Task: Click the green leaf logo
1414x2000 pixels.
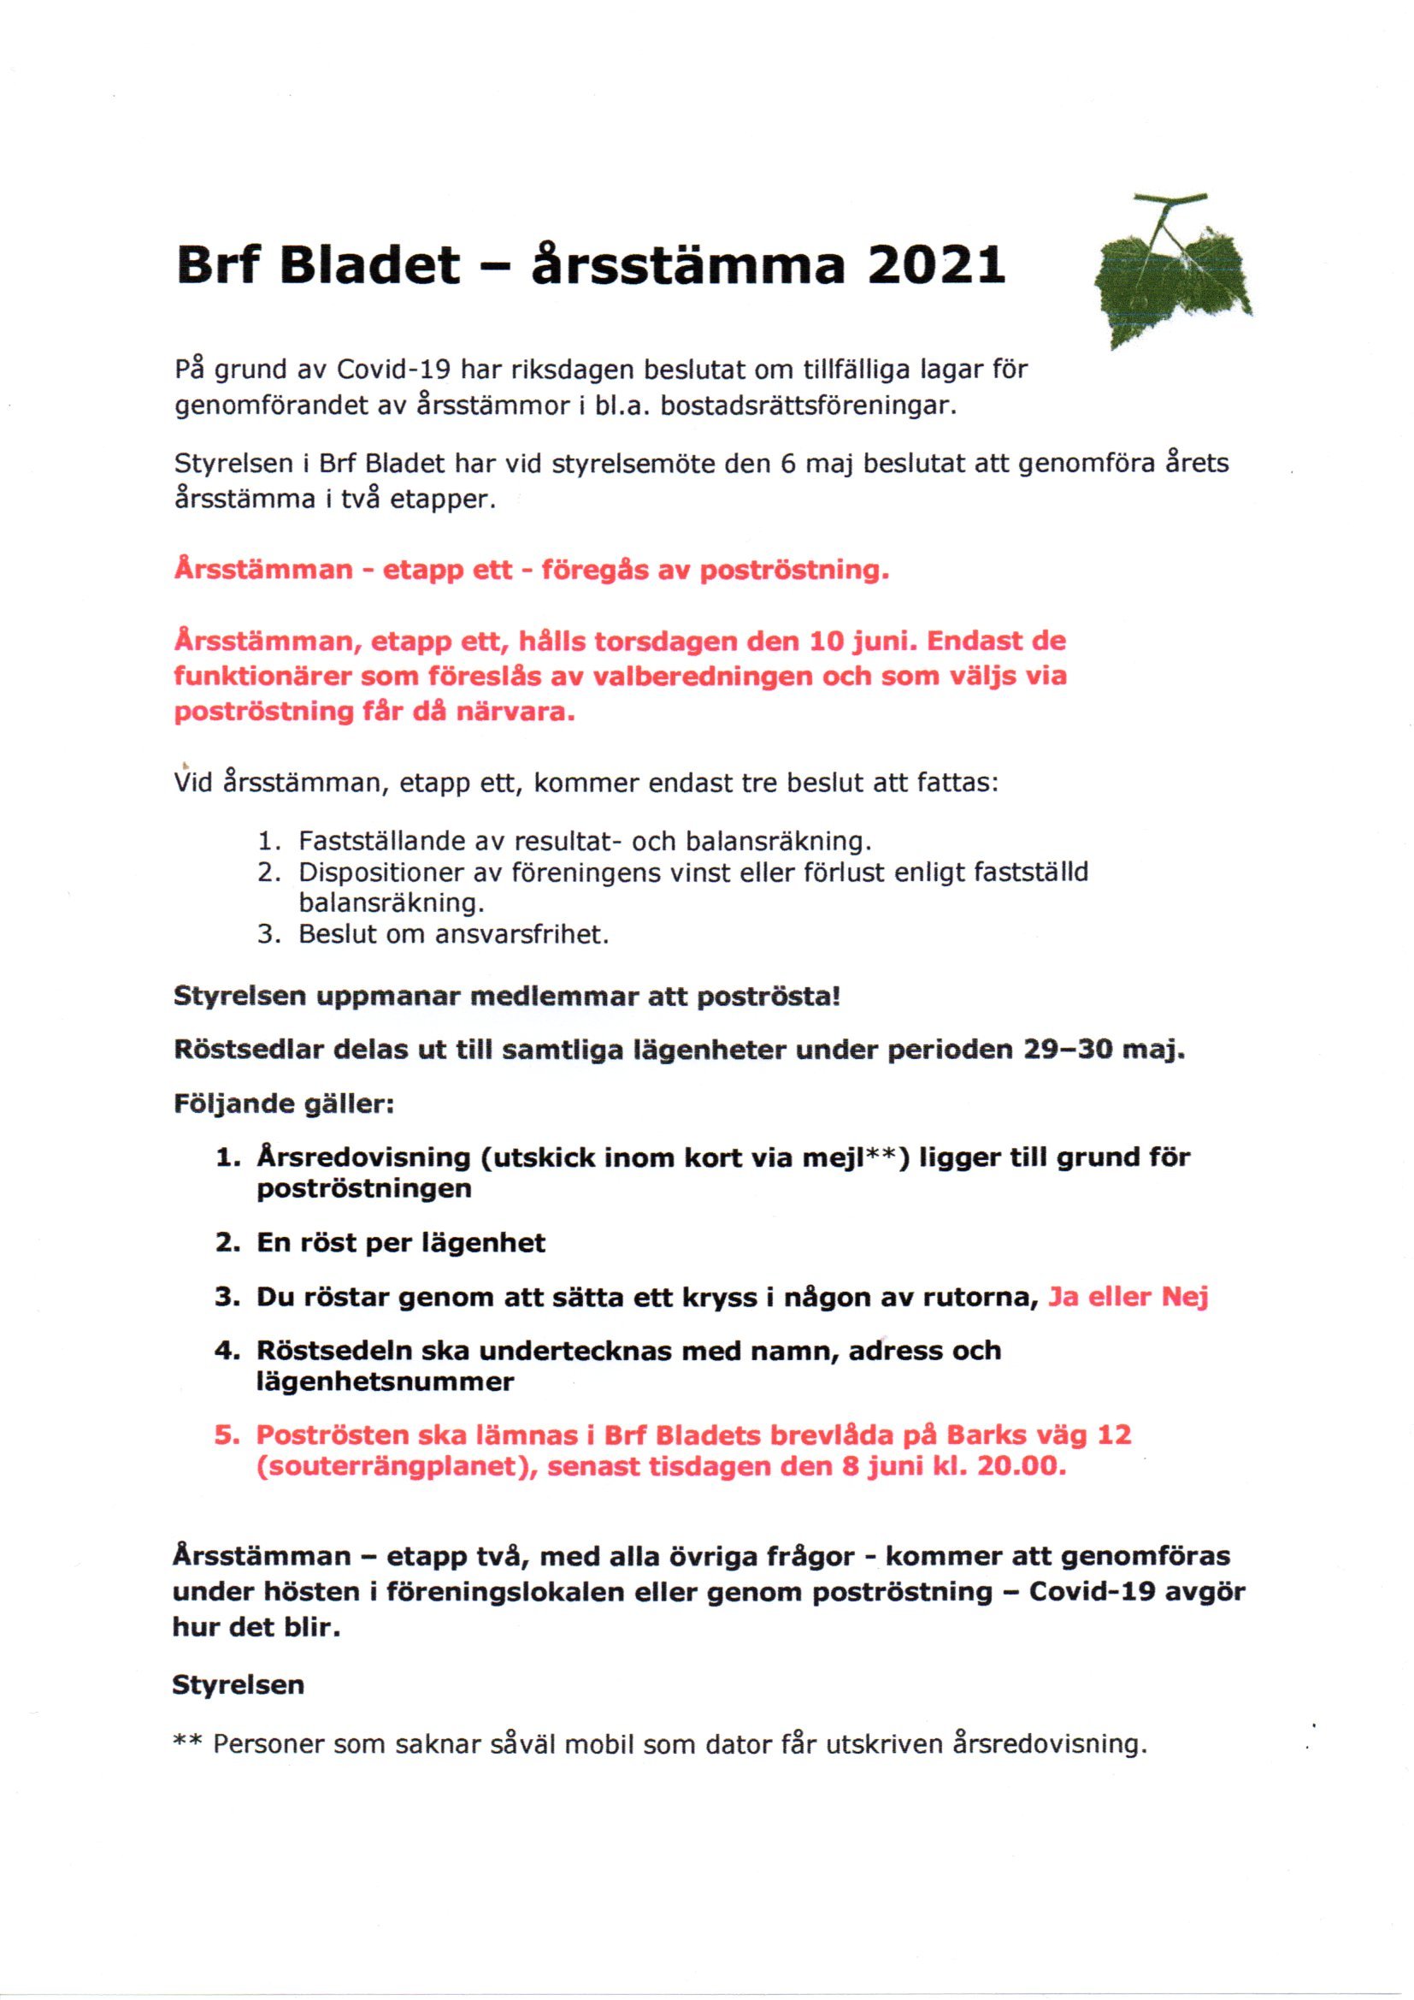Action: click(x=1172, y=275)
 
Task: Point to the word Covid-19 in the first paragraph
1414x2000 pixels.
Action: click(x=392, y=370)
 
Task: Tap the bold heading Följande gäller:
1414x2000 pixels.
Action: click(x=284, y=1104)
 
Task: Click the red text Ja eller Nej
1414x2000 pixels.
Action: click(x=1128, y=1297)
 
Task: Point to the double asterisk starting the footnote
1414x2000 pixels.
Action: click(x=188, y=1743)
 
